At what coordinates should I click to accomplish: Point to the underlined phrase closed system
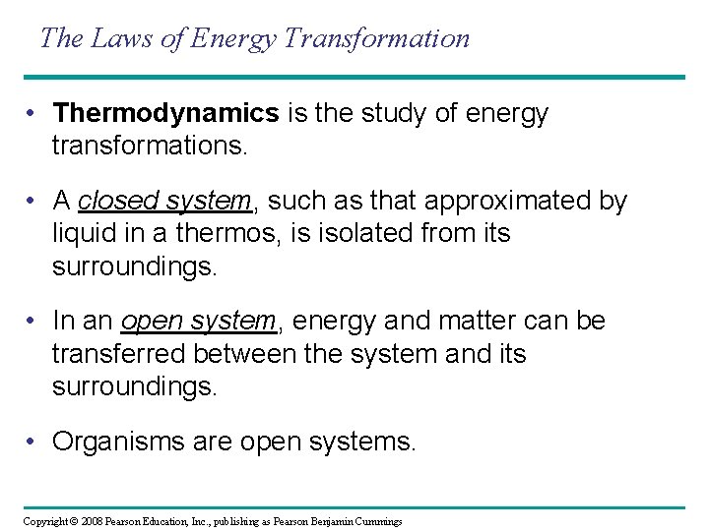point(164,202)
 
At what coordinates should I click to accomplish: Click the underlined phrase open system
point(199,322)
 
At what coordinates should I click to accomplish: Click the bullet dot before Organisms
point(32,442)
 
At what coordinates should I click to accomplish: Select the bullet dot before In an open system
point(32,322)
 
